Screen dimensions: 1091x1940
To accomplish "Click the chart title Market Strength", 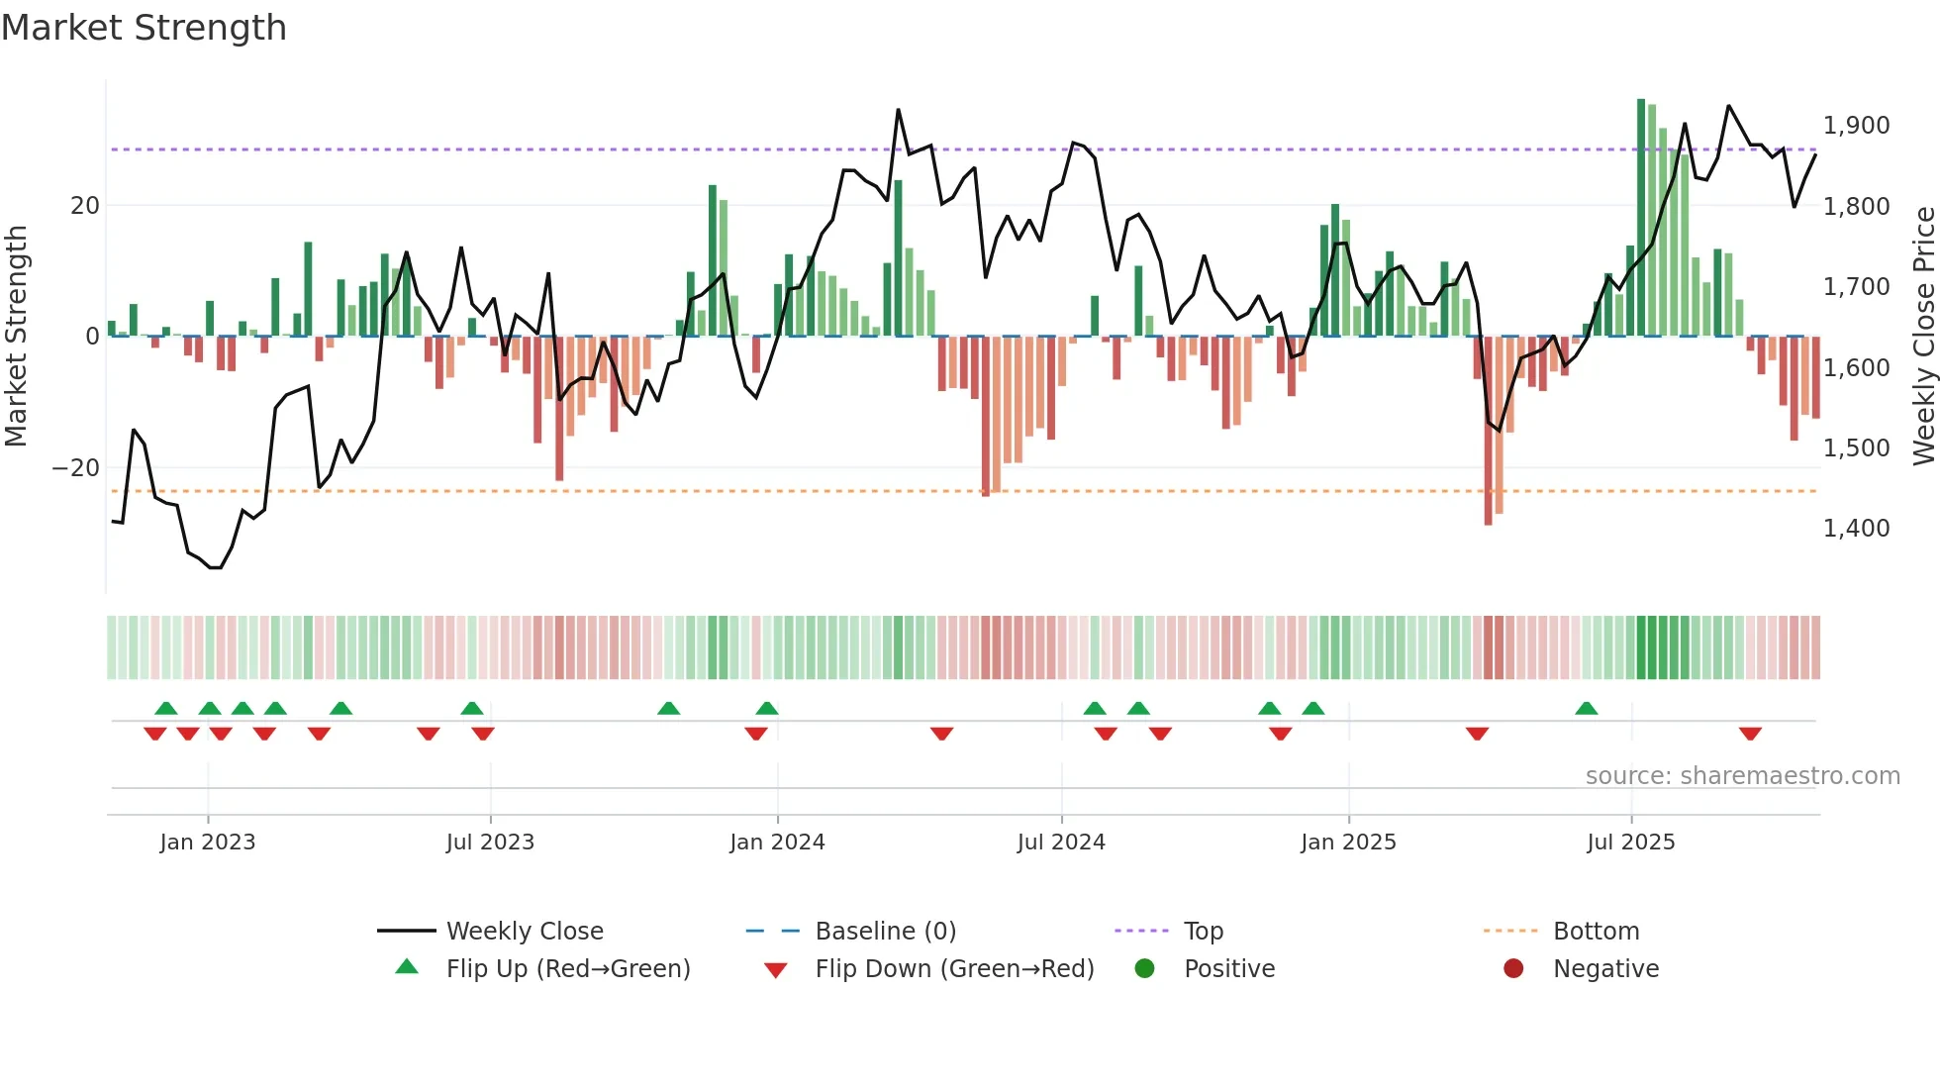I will [x=144, y=28].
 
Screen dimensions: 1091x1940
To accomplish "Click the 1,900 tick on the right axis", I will [x=1856, y=126].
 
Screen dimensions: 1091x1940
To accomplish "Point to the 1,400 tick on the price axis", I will [x=1856, y=529].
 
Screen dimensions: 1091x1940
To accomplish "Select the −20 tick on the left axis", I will [x=76, y=468].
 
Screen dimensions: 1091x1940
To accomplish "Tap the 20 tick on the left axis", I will [x=85, y=206].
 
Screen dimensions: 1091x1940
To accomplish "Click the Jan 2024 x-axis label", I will [x=777, y=843].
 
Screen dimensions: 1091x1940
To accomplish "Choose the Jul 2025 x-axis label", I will [x=1630, y=843].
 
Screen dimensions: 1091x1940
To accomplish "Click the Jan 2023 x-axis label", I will [x=207, y=843].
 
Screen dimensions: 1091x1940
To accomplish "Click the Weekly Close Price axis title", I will [x=1923, y=337].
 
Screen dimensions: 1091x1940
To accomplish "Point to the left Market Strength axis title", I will [x=16, y=337].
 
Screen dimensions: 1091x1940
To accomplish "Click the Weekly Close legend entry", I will [x=524, y=932].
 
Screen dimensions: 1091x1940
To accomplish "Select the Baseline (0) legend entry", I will [x=885, y=932].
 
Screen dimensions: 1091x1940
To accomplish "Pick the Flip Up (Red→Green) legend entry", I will [x=567, y=969].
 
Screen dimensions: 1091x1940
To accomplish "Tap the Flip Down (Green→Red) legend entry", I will [x=954, y=969].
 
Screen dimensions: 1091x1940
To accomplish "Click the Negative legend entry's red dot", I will [x=1512, y=969].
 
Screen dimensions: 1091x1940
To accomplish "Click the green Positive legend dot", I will [x=1144, y=969].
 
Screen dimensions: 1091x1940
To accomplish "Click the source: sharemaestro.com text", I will [x=1742, y=776].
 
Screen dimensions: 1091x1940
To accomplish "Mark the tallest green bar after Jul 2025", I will [x=1641, y=218].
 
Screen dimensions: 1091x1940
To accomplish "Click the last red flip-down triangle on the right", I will [x=1750, y=734].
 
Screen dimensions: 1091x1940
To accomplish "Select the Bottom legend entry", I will [x=1596, y=932].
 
